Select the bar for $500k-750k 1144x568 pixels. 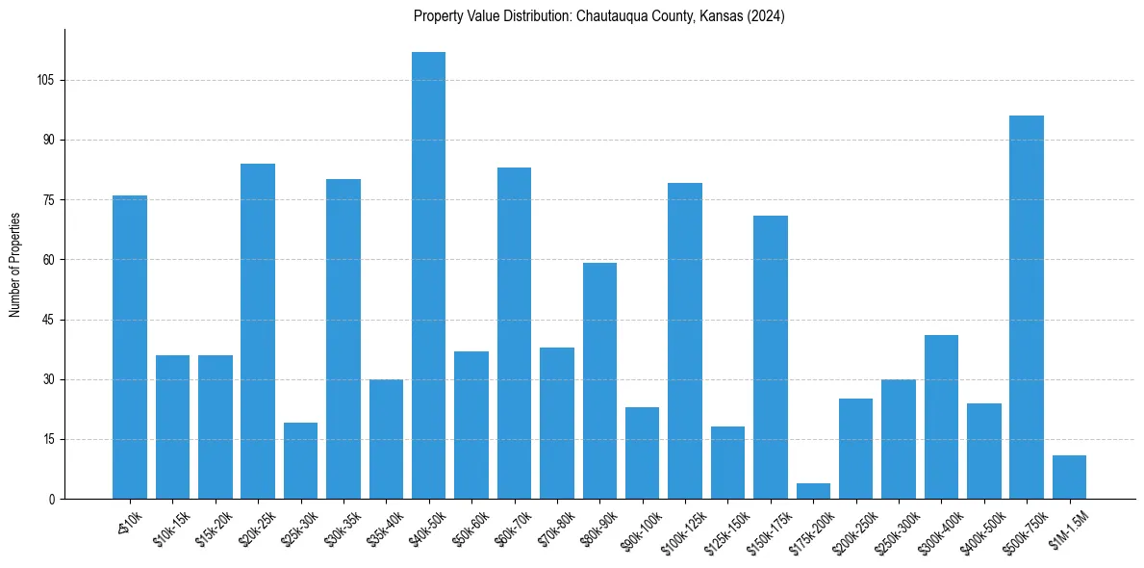coord(1027,307)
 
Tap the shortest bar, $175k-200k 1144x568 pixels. coord(813,491)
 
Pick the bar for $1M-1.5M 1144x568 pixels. coord(1069,477)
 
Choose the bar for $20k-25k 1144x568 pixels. coord(258,331)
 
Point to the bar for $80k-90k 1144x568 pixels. coord(599,380)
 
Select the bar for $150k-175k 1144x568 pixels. coord(771,357)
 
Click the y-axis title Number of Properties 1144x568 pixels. coord(15,264)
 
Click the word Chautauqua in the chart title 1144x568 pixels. coord(611,16)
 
